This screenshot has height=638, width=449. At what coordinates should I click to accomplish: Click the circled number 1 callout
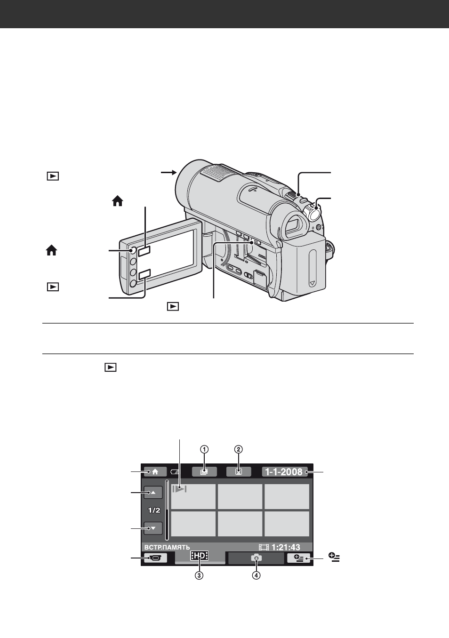[x=204, y=449]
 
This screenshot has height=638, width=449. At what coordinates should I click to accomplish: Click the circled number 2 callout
[x=239, y=449]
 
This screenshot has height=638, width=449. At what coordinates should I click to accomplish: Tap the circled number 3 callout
[x=199, y=575]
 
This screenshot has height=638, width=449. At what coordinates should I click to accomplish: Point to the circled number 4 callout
[x=256, y=575]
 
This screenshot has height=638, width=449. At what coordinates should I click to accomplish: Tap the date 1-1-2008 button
[x=285, y=471]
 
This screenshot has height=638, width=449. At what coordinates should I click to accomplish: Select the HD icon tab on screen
[x=200, y=556]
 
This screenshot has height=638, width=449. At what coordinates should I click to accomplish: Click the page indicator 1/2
[x=154, y=510]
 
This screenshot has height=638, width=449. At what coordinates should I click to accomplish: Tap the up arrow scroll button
[x=153, y=493]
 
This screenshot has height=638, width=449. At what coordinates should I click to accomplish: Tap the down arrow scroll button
[x=153, y=528]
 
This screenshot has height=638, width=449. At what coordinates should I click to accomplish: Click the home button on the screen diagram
[x=155, y=471]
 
